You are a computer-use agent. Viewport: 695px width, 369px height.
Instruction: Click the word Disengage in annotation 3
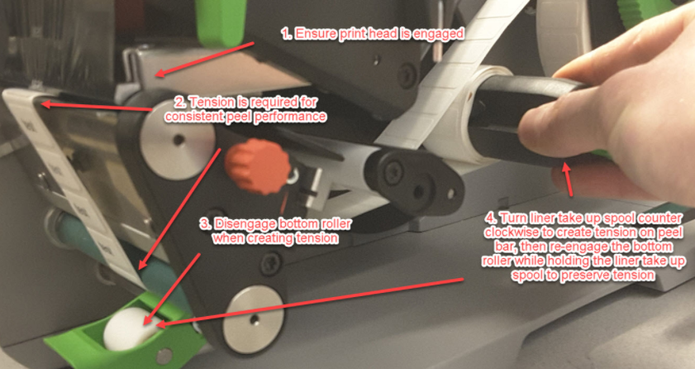pyautogui.click(x=239, y=224)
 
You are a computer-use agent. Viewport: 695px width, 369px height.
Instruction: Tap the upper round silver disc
pyautogui.click(x=178, y=140)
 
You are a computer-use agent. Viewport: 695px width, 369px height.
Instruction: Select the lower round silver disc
pyautogui.click(x=253, y=319)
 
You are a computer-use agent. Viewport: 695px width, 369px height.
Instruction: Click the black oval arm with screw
pyautogui.click(x=413, y=182)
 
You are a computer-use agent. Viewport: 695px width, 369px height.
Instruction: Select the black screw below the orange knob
pyautogui.click(x=271, y=263)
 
